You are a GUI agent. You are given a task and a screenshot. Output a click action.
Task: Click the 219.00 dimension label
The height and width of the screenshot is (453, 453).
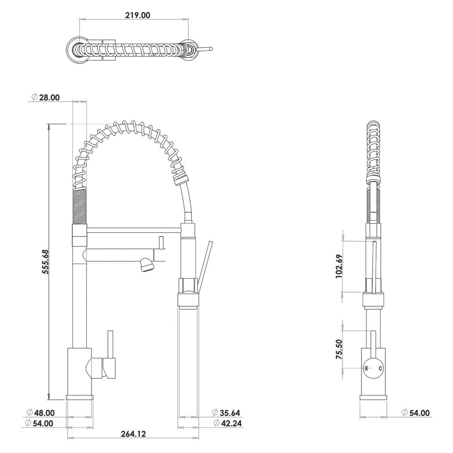(138, 15)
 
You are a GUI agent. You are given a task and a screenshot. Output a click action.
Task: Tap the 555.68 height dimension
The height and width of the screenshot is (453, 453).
(45, 262)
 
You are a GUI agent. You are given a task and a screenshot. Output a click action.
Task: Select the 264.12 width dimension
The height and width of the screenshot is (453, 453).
(133, 434)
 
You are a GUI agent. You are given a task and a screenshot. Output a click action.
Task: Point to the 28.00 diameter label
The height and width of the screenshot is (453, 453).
(49, 97)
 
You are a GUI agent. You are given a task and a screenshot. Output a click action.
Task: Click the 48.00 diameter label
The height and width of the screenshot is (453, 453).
(44, 413)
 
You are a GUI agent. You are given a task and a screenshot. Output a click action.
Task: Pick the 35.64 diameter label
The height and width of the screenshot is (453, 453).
(230, 413)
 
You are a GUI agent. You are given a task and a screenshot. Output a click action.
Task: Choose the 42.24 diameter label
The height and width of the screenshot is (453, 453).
(231, 423)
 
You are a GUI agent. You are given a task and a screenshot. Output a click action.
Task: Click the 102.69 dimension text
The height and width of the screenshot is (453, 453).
(339, 266)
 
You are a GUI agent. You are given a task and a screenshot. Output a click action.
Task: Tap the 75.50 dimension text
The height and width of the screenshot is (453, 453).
(339, 349)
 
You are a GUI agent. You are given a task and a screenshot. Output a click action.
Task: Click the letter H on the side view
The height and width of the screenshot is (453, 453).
(366, 368)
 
